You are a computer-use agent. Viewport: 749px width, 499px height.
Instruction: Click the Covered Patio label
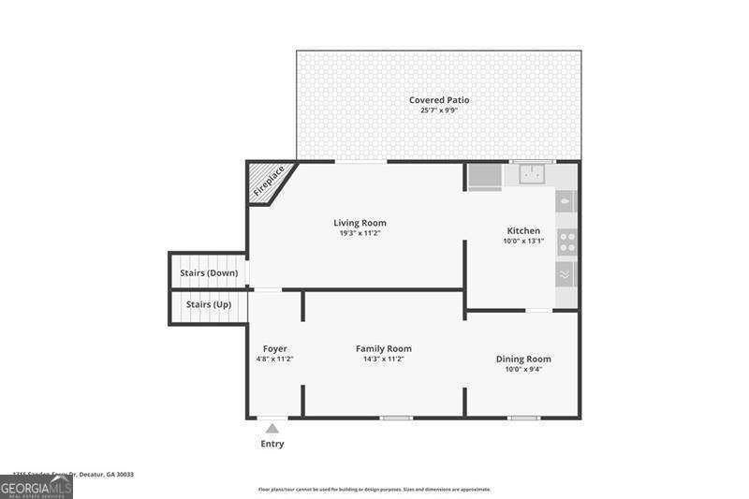tap(439, 100)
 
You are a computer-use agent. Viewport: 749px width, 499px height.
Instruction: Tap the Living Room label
tap(360, 223)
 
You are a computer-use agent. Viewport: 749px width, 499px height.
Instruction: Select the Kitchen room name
tap(523, 230)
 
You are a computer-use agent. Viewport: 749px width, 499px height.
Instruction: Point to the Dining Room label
tap(523, 359)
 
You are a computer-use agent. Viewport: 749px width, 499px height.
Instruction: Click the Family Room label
tap(383, 348)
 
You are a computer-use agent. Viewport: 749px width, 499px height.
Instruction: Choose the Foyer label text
tap(275, 348)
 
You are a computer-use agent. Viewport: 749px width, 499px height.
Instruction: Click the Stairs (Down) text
tap(209, 273)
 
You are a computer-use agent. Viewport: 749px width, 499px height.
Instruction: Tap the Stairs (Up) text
tap(209, 305)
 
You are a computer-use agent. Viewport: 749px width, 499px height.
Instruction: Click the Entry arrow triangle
tap(272, 429)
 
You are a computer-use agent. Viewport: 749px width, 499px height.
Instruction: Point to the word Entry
tap(272, 444)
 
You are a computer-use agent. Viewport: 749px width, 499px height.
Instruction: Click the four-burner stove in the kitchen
tap(566, 242)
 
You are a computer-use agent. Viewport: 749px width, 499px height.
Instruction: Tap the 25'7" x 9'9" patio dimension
tap(439, 110)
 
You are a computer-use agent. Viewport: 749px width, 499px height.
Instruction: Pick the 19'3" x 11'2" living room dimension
tap(360, 233)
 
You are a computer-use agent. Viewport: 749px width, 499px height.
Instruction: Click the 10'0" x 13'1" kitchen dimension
tap(523, 241)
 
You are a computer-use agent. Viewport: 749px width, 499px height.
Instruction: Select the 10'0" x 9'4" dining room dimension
tap(523, 369)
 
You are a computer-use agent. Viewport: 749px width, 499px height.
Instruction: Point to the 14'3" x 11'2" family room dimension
tap(383, 359)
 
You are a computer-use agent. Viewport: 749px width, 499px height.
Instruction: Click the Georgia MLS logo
tap(37, 487)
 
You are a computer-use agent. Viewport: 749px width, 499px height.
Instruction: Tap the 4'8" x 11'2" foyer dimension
tap(275, 359)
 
